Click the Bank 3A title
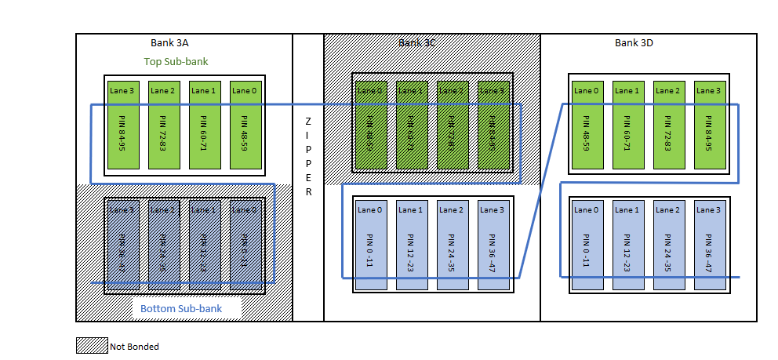tap(169, 43)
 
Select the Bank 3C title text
tap(416, 43)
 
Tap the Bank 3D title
tap(634, 43)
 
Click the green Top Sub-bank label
tap(176, 61)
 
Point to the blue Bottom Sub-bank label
tap(181, 309)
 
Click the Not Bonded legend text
tap(134, 346)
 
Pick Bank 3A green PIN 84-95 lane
tap(122, 125)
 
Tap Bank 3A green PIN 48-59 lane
tap(245, 125)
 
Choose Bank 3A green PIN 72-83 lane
tap(163, 125)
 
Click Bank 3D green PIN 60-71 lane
tap(627, 125)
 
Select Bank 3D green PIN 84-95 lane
tap(708, 125)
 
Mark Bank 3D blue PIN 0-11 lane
tap(586, 245)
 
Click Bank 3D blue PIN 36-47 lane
tap(708, 245)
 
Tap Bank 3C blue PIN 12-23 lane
tap(410, 245)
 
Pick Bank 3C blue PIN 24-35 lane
tap(451, 245)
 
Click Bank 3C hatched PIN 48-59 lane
tap(369, 125)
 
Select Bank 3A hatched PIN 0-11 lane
tap(245, 245)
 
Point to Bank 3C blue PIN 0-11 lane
tap(369, 245)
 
